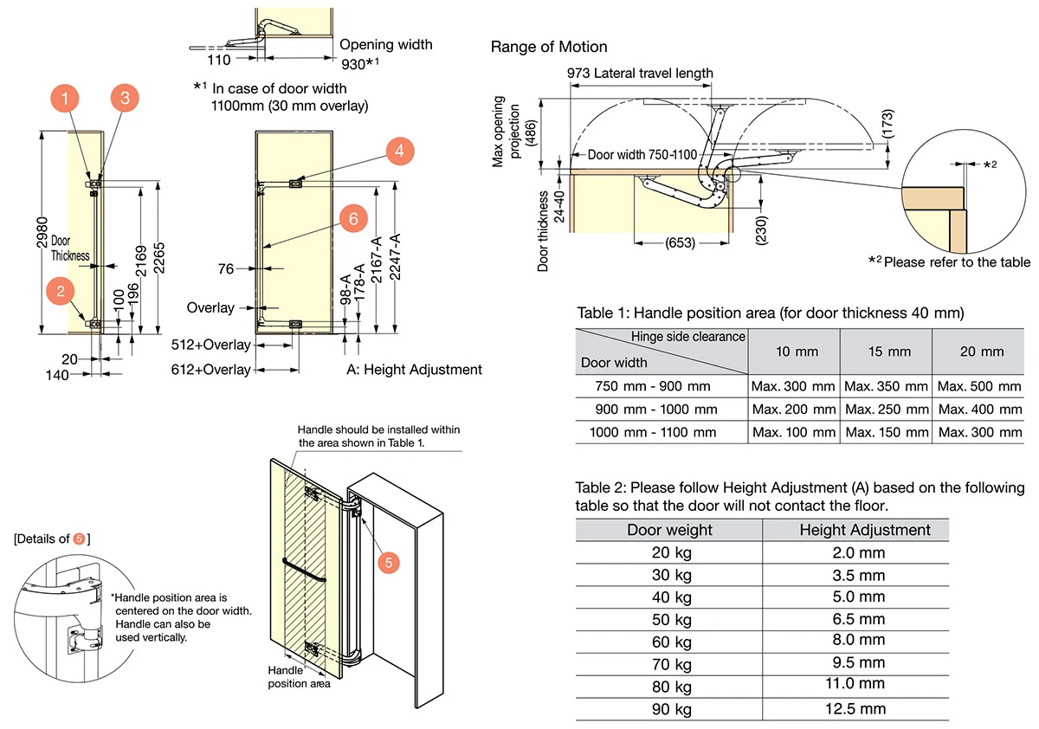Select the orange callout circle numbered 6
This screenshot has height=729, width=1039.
[352, 218]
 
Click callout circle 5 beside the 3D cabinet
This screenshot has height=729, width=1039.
[388, 563]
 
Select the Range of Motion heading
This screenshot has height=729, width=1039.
[549, 47]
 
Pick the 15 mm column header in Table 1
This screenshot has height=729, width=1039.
[886, 352]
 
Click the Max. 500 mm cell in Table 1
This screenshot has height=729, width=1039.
[979, 386]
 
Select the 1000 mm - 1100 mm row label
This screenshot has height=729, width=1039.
[653, 432]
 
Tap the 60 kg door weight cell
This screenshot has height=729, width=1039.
[671, 641]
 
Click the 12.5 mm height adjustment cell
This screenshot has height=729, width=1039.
[855, 709]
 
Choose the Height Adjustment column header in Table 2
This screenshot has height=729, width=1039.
[864, 530]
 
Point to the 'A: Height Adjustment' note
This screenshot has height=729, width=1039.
[414, 370]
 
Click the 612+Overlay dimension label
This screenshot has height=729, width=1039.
[212, 370]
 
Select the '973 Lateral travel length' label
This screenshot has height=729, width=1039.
[640, 73]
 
